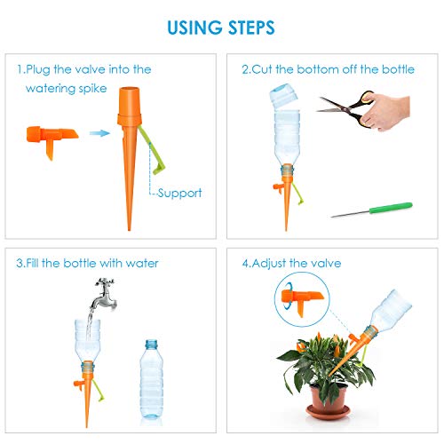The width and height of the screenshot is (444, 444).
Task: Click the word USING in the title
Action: pyautogui.click(x=194, y=28)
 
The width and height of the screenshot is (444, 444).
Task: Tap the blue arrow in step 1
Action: pyautogui.click(x=99, y=133)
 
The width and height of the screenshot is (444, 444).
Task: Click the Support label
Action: pyautogui.click(x=179, y=193)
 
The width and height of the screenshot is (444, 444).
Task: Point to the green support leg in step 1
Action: pyautogui.click(x=152, y=151)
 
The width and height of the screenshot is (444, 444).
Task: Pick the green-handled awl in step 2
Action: pyautogui.click(x=371, y=210)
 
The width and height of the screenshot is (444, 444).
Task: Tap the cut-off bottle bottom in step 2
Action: pyautogui.click(x=284, y=95)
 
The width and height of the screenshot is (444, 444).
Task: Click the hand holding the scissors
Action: pyautogui.click(x=385, y=112)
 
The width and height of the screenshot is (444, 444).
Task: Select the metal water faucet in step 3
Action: pyautogui.click(x=105, y=294)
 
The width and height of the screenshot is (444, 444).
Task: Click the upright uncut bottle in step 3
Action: pyautogui.click(x=151, y=379)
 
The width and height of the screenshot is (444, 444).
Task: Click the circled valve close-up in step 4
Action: pyautogui.click(x=302, y=299)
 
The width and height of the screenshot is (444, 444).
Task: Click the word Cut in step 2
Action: pyautogui.click(x=262, y=69)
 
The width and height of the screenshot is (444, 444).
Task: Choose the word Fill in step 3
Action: pyautogui.click(x=32, y=263)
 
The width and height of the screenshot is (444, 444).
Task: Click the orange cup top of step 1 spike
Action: pyautogui.click(x=130, y=106)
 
